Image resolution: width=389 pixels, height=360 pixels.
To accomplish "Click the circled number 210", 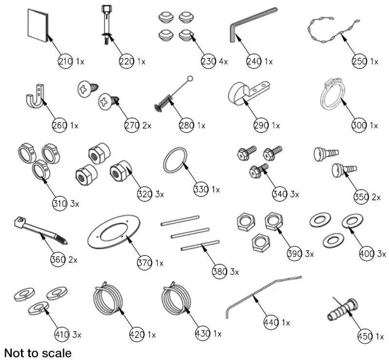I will click(65, 61).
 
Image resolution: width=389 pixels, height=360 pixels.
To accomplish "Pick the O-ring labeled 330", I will click(175, 160).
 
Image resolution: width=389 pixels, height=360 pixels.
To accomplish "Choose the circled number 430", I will click(201, 334).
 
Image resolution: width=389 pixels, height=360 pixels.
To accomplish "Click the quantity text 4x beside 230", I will click(223, 62).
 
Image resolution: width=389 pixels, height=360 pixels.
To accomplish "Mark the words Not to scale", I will click(38, 352).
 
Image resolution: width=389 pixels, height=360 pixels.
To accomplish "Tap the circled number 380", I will click(220, 272).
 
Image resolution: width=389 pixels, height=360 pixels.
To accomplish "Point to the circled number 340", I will click(280, 194).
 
